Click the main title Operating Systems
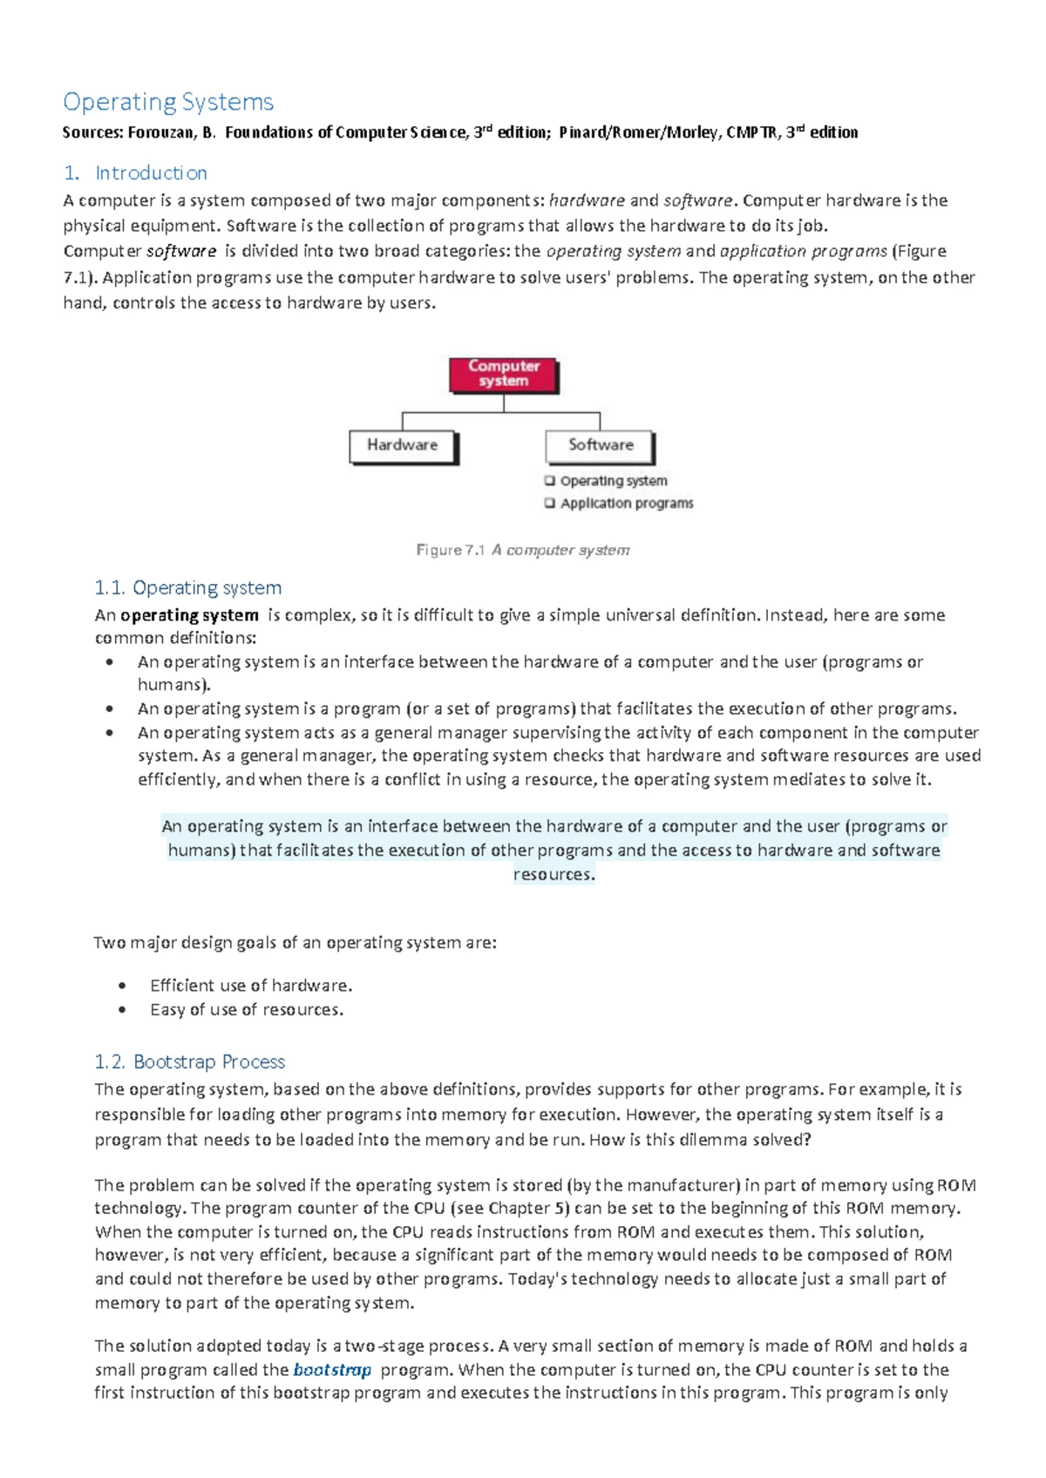[168, 102]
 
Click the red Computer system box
[504, 374]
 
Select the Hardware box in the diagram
[403, 445]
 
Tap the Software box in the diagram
[600, 445]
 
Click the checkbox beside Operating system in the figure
[550, 480]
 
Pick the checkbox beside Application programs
[550, 503]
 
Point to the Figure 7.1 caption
[523, 550]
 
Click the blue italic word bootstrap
[332, 1369]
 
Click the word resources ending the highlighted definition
[554, 874]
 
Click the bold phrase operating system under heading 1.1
[189, 615]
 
